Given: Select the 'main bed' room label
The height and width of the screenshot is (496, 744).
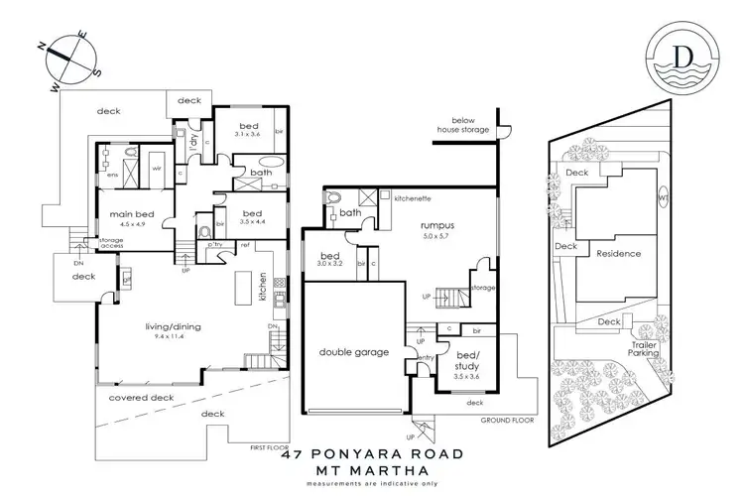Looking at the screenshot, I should (128, 215).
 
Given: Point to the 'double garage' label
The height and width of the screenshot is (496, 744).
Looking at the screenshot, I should (352, 352).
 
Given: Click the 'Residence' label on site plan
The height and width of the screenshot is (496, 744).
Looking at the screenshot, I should (618, 254).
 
